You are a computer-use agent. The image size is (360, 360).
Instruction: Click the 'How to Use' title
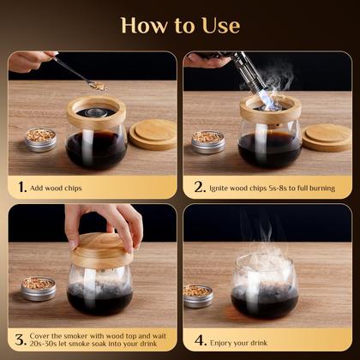click(180, 25)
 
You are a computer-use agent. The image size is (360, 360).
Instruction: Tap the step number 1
click(21, 185)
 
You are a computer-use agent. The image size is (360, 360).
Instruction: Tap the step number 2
click(199, 185)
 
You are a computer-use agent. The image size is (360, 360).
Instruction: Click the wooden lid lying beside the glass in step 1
click(153, 135)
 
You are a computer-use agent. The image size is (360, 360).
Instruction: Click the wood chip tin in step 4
click(199, 295)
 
